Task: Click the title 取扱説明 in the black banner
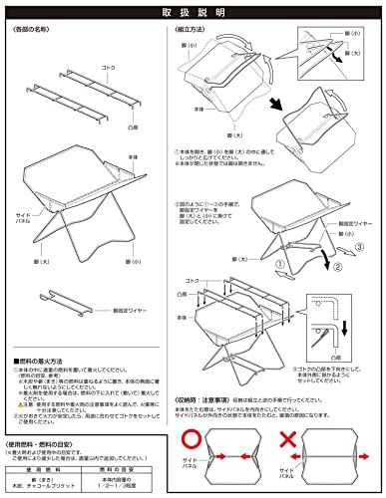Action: click(x=193, y=13)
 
